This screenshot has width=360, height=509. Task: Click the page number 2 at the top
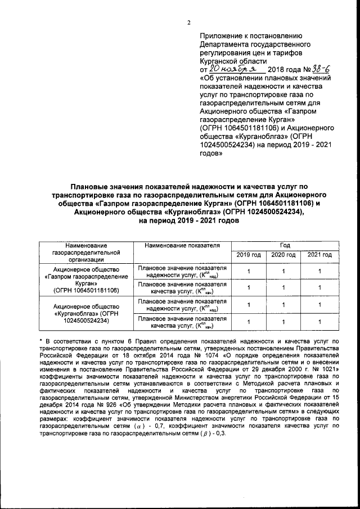pyautogui.click(x=189, y=23)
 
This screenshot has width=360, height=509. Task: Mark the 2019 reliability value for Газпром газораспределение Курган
pyautogui.click(x=248, y=272)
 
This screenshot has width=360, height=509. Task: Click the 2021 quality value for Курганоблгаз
pyautogui.click(x=319, y=322)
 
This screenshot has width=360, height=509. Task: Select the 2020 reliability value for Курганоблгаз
pyautogui.click(x=283, y=305)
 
